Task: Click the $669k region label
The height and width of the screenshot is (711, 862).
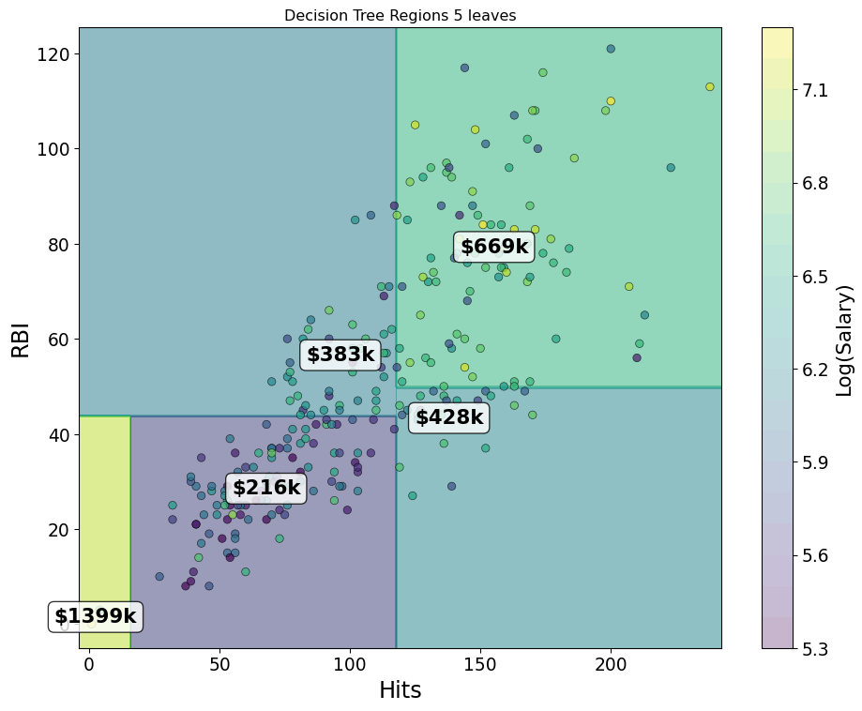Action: (x=494, y=247)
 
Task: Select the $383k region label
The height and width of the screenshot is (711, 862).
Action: (x=340, y=354)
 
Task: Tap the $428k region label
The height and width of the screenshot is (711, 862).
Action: (x=448, y=417)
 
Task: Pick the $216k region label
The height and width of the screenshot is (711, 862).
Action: (x=266, y=488)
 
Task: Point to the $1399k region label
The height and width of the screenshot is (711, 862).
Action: (x=95, y=616)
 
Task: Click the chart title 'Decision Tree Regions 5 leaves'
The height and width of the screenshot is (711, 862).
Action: (x=400, y=16)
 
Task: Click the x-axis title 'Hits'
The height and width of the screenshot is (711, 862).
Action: (x=400, y=690)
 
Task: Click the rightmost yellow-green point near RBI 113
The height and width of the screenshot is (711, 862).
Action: (x=709, y=87)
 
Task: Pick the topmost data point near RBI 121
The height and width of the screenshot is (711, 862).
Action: (x=611, y=49)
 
